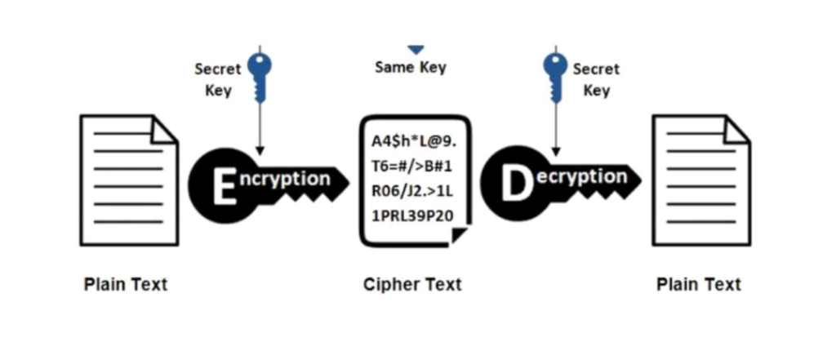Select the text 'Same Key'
coord(411,68)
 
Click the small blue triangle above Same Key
coord(416,50)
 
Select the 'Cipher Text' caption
coord(412,285)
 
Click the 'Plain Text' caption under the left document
coord(126,285)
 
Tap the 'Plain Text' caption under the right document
coord(699,285)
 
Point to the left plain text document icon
coord(128,180)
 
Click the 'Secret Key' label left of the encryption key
coord(218,80)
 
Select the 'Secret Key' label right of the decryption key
coord(597,80)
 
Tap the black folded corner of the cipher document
coord(459,236)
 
